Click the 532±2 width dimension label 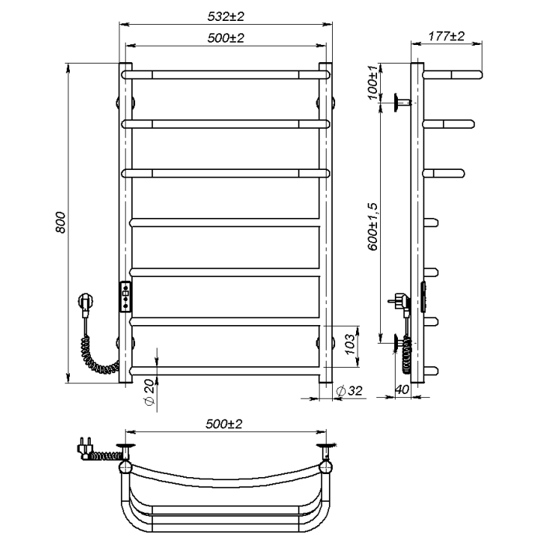click(x=226, y=16)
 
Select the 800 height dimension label click(x=61, y=223)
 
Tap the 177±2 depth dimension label click(x=446, y=36)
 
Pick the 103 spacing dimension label click(x=350, y=344)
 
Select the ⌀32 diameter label click(x=349, y=391)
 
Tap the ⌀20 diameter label click(x=149, y=392)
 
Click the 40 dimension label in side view click(x=402, y=389)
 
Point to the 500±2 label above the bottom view click(x=224, y=424)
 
